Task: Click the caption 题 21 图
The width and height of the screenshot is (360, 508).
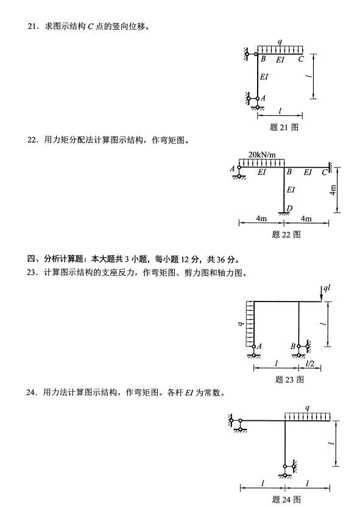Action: click(284, 127)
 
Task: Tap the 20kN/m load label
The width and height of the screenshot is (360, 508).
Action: click(262, 154)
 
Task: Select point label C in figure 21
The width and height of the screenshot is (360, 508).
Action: click(301, 59)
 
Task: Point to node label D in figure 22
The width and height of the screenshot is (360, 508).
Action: click(289, 208)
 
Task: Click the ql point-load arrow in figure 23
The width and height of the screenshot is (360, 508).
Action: click(321, 294)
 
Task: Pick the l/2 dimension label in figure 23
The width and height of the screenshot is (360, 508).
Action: click(310, 364)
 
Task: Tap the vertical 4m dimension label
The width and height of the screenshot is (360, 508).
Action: click(333, 190)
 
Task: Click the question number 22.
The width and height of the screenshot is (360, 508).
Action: click(31, 140)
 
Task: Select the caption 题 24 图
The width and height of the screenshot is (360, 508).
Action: click(286, 499)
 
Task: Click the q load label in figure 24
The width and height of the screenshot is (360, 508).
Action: click(307, 408)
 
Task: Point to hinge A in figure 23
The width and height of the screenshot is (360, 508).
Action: click(254, 347)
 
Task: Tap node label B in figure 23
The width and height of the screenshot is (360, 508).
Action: click(293, 347)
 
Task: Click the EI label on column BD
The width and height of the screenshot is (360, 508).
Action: click(291, 189)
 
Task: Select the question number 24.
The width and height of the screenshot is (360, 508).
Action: click(30, 393)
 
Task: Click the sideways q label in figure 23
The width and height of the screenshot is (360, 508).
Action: click(240, 323)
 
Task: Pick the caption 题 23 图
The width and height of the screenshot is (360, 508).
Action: click(289, 379)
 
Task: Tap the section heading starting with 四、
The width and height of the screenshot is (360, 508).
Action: click(133, 259)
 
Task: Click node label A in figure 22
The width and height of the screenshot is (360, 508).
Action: click(232, 169)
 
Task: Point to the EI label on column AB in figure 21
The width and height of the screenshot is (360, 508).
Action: click(264, 77)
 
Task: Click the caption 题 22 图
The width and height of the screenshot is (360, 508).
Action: click(286, 235)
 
